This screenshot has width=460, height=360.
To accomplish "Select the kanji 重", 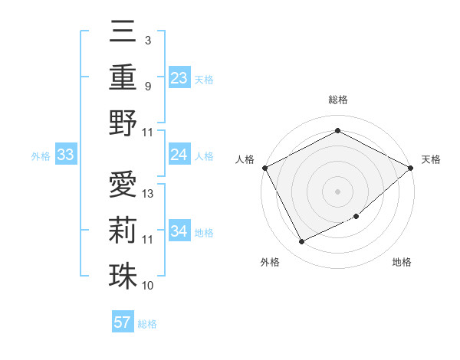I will (x=123, y=77).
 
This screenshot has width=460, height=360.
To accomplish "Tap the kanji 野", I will (x=123, y=123).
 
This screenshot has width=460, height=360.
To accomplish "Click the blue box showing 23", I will (x=179, y=77).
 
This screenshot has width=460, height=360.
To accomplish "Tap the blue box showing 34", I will (x=179, y=231).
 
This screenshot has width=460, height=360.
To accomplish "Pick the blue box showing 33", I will (x=66, y=155).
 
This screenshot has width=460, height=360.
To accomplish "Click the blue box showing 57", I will (x=123, y=322).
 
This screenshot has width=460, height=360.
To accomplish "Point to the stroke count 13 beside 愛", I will (x=149, y=194).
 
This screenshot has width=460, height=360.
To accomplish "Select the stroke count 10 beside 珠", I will (x=148, y=286).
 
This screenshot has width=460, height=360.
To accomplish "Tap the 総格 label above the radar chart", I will (x=337, y=100).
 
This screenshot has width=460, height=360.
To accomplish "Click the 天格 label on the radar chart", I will (x=431, y=159).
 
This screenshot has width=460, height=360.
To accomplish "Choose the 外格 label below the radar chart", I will (x=270, y=262).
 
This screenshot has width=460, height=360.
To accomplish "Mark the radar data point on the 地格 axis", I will (x=356, y=217).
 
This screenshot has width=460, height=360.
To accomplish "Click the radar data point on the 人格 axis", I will (x=264, y=167).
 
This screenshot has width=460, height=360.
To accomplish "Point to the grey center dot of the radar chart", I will (x=337, y=191).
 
